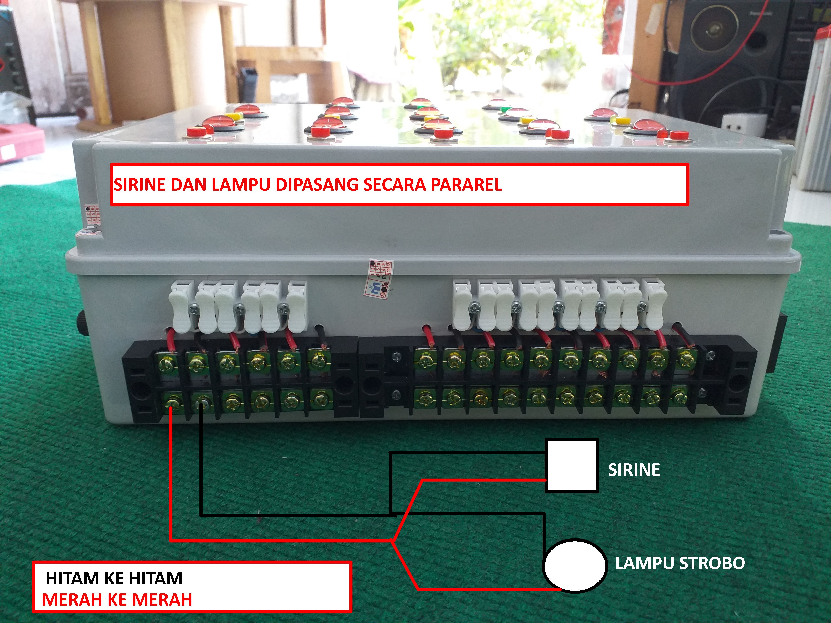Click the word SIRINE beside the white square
[x=634, y=470]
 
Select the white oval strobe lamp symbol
[x=574, y=565]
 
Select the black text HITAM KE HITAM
[x=114, y=578]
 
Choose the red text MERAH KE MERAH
[x=117, y=600]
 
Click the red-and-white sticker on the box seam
[x=380, y=278]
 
